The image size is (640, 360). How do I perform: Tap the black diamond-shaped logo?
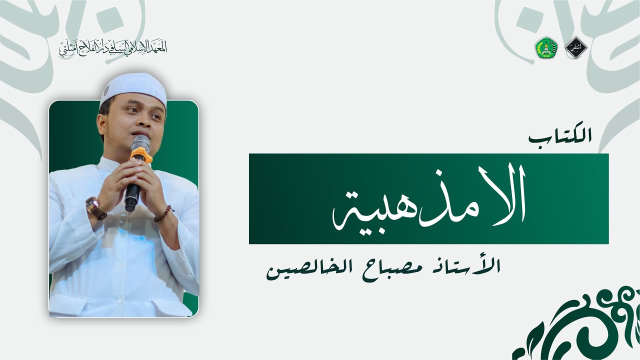(574, 47)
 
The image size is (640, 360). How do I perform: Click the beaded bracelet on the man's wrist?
(163, 214)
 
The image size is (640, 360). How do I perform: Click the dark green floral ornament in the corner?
(580, 325)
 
